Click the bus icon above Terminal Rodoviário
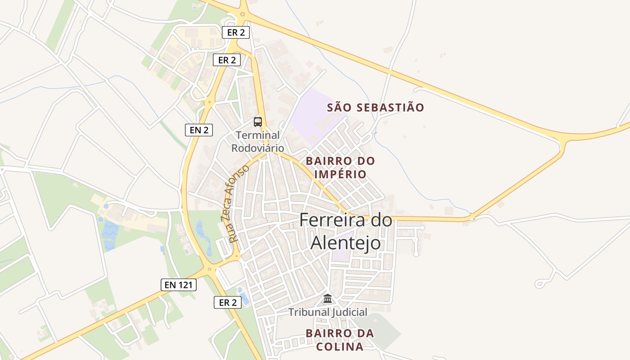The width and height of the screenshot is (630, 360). coord(257,121)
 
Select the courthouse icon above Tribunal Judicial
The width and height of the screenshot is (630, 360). coord(328,298)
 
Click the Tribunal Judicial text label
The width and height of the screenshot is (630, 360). coord(328,312)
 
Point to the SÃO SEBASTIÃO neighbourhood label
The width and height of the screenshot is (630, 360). coord(375,108)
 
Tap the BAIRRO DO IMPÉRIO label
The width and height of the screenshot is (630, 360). coord(340,167)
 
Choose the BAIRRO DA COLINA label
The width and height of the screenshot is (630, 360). coord(340,340)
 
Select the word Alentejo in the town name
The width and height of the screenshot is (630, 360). coord(346,243)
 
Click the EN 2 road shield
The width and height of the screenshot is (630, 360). coord(198,130)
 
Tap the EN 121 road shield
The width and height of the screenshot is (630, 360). coord(178,284)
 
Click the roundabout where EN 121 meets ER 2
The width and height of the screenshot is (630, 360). coord(209,270)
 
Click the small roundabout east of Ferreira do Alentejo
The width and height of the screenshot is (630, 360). coord(472,217)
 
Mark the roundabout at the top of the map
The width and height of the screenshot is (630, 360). coord(243,14)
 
